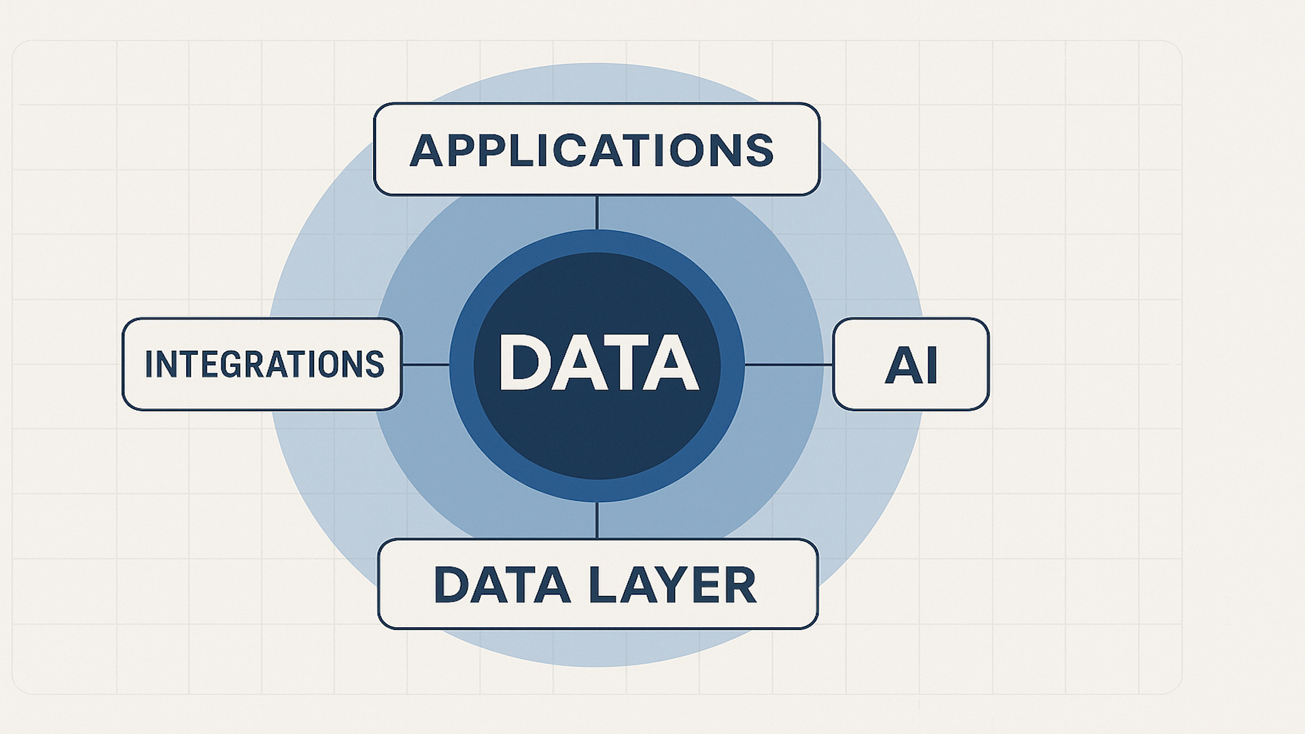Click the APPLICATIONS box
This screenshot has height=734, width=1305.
pyautogui.click(x=597, y=150)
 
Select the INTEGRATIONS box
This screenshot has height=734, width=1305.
pyautogui.click(x=262, y=364)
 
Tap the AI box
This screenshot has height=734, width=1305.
pyautogui.click(x=911, y=364)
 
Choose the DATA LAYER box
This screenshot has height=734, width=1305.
pyautogui.click(x=597, y=584)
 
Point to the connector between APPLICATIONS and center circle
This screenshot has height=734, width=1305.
pyautogui.click(x=597, y=213)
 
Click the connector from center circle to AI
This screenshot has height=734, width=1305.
pyautogui.click(x=788, y=365)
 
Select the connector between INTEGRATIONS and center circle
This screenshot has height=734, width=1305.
pyautogui.click(x=425, y=365)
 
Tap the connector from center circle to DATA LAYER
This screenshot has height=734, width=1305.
pyautogui.click(x=597, y=521)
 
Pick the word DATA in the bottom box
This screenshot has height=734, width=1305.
pyautogui.click(x=502, y=585)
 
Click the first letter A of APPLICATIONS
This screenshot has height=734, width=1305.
pyautogui.click(x=427, y=150)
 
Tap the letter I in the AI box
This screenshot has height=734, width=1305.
pyautogui.click(x=931, y=366)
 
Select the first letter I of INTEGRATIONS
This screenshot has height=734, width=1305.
pyautogui.click(x=148, y=364)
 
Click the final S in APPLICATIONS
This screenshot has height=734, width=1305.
pyautogui.click(x=759, y=150)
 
